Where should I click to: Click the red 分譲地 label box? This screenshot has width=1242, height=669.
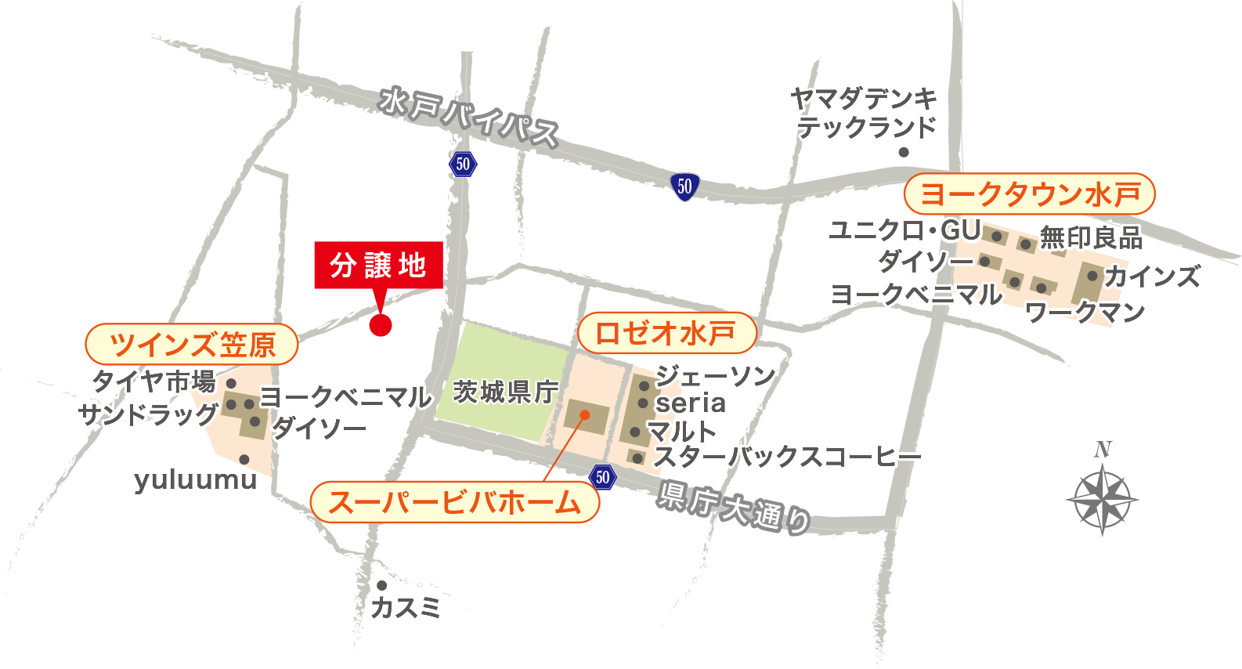coord(378,266)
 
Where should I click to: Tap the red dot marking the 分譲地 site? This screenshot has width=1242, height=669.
coord(380,324)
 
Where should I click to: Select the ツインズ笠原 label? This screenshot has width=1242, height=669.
coord(192,344)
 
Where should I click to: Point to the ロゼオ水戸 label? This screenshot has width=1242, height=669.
coord(666,334)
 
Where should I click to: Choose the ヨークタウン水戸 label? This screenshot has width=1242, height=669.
coord(1029,194)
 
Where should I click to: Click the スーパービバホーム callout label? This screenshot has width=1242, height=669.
coord(455,502)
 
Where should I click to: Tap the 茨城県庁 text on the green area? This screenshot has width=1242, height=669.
coord(506,391)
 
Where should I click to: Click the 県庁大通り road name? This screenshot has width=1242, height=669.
coord(733,508)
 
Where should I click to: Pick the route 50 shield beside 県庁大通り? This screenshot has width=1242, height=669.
coord(601,477)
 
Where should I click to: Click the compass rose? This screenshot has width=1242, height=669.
coord(1102,498)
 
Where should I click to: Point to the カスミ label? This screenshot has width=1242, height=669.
coord(406,607)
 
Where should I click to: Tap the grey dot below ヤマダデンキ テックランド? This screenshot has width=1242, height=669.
coord(904,152)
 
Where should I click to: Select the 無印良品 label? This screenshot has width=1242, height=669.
coord(1091,237)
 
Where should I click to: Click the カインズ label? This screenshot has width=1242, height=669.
coord(1152,277)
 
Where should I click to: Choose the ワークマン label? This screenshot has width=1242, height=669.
coord(1085,313)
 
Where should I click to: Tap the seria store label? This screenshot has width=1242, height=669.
coord(691,403)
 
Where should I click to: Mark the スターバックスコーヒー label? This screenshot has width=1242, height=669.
coord(787,457)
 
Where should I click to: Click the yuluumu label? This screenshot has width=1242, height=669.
coord(195,479)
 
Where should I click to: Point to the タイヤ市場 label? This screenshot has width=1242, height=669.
coord(153,382)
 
